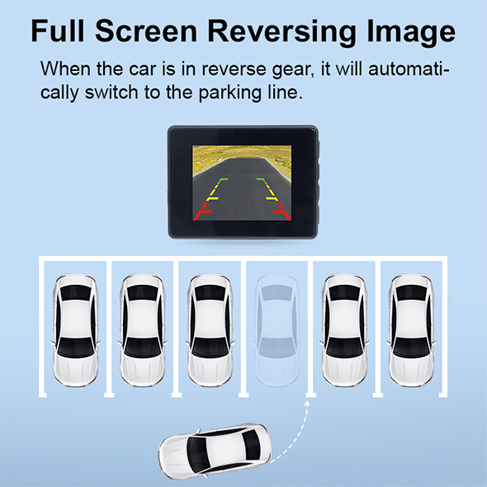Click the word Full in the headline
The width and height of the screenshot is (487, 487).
tap(58, 31)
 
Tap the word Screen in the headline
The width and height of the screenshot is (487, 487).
tap(146, 31)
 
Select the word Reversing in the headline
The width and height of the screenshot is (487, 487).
tap(281, 32)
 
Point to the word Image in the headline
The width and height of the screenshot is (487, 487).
tap(411, 32)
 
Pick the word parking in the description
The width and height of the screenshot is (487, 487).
tap(229, 93)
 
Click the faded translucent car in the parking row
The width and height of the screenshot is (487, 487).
tap(277, 330)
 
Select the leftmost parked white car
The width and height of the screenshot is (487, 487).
tap(75, 330)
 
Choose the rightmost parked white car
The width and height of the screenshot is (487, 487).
tap(411, 330)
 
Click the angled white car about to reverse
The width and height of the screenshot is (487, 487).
tap(215, 452)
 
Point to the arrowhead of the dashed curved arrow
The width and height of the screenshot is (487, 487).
tap(307, 403)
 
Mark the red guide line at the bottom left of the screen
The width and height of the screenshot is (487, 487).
tap(202, 215)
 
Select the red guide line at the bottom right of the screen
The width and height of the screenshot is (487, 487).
tap(282, 215)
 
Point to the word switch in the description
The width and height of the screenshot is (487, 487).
tap(111, 92)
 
